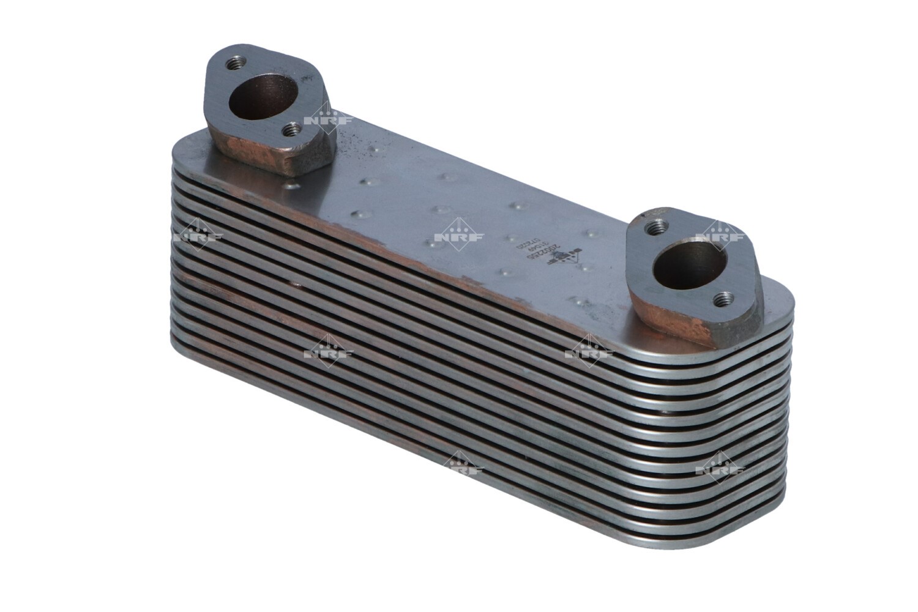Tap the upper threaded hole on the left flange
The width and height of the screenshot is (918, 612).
(x=235, y=64)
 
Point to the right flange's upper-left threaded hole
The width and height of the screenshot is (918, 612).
(x=656, y=227)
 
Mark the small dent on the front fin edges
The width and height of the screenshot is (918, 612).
(x=297, y=285)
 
